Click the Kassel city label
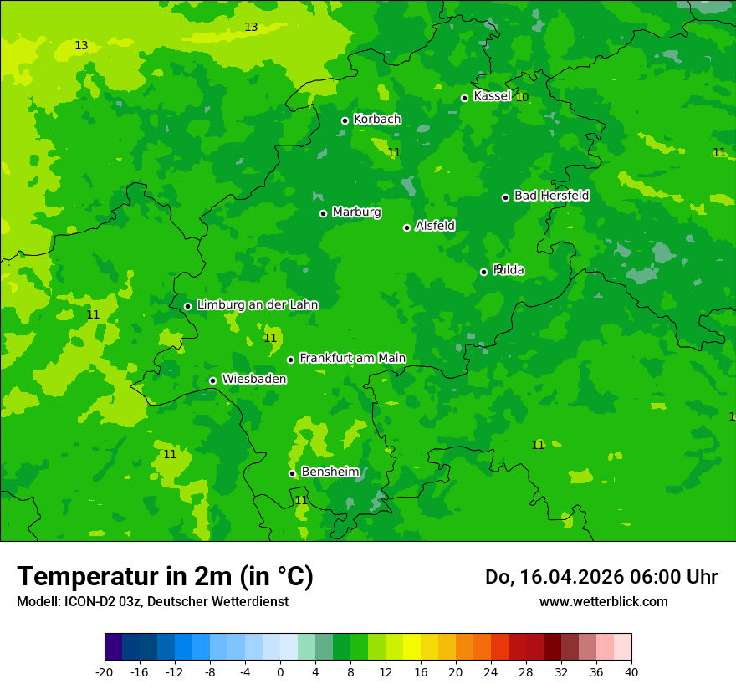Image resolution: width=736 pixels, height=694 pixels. pos(492,96)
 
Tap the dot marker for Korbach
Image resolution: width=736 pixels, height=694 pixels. pos(345,120)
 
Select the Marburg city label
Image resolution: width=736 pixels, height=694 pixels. pos(356,212)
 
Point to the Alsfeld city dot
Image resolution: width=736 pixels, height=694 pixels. pos(406,227)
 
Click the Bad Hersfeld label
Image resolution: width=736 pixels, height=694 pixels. pos(551,196)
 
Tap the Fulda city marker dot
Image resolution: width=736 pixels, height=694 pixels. pos(483,272)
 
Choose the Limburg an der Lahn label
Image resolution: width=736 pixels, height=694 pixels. pos(257,305)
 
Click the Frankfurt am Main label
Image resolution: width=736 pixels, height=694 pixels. pos(352,358)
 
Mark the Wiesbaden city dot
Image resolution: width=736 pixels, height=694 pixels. pos(212,380)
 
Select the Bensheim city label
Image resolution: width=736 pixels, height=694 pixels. pos(330,472)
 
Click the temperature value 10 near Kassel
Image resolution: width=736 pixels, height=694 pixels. pos(522,97)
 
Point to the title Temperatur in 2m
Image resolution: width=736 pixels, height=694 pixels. pos(165,577)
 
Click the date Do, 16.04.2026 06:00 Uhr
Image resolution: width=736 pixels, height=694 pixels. pos(601,577)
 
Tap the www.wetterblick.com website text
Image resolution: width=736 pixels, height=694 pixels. pos(603,601)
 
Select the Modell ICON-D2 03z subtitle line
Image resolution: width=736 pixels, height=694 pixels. pos(152,601)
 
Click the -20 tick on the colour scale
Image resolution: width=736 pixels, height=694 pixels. pos(105,671)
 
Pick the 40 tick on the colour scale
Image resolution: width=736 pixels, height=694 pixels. pos(631,671)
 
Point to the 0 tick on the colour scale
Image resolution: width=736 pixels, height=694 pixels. pos(280,671)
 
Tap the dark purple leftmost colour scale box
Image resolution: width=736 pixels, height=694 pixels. pos(113,647)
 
